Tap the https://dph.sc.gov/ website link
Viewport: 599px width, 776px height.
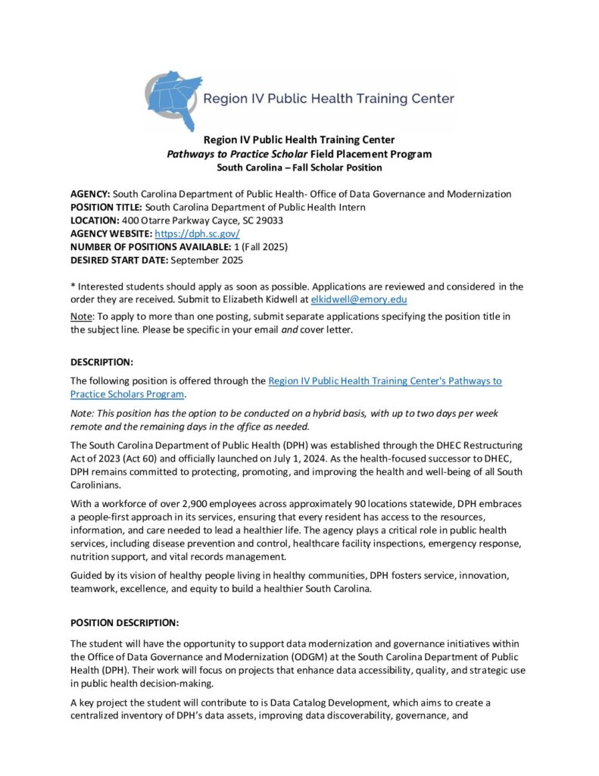click(197, 233)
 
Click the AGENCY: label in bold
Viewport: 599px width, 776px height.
click(91, 194)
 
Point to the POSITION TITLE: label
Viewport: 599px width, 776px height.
click(106, 207)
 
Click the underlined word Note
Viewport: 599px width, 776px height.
click(82, 315)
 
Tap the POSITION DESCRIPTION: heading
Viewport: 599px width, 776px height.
click(125, 623)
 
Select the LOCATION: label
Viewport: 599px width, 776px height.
click(95, 221)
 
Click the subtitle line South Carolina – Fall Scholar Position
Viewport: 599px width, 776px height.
click(299, 167)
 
